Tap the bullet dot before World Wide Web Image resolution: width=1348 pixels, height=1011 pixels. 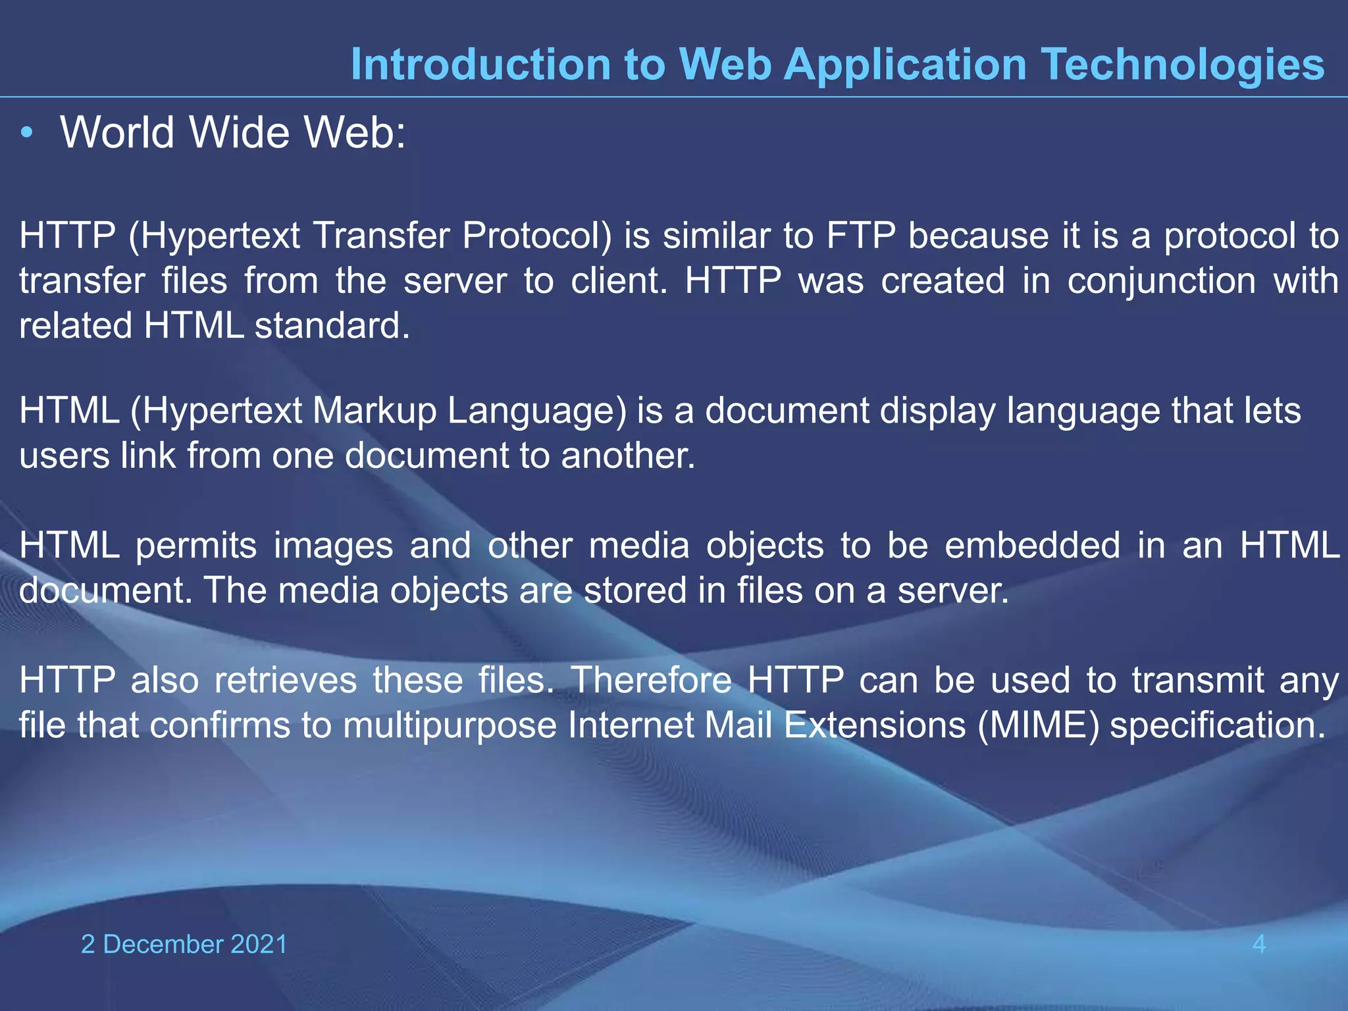(26, 133)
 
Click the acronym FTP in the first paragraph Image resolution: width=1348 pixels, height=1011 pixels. (860, 236)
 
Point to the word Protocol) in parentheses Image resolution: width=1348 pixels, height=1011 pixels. (536, 236)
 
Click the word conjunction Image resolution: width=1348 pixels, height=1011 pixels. (1162, 280)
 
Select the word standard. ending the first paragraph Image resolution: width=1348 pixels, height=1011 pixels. (332, 325)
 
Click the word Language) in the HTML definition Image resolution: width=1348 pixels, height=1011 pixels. (537, 411)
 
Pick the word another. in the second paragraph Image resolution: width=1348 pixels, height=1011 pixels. (628, 455)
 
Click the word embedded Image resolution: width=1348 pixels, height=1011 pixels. (1032, 546)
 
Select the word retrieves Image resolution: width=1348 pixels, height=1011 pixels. (286, 680)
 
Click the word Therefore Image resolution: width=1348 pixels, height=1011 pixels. (651, 680)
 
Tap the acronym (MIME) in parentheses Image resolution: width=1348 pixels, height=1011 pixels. (1038, 725)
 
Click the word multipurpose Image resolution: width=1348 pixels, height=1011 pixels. (450, 726)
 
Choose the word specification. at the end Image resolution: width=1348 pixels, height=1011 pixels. (1217, 726)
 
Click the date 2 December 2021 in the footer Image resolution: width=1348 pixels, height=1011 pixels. (184, 945)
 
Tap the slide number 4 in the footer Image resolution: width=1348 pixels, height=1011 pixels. (1258, 945)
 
